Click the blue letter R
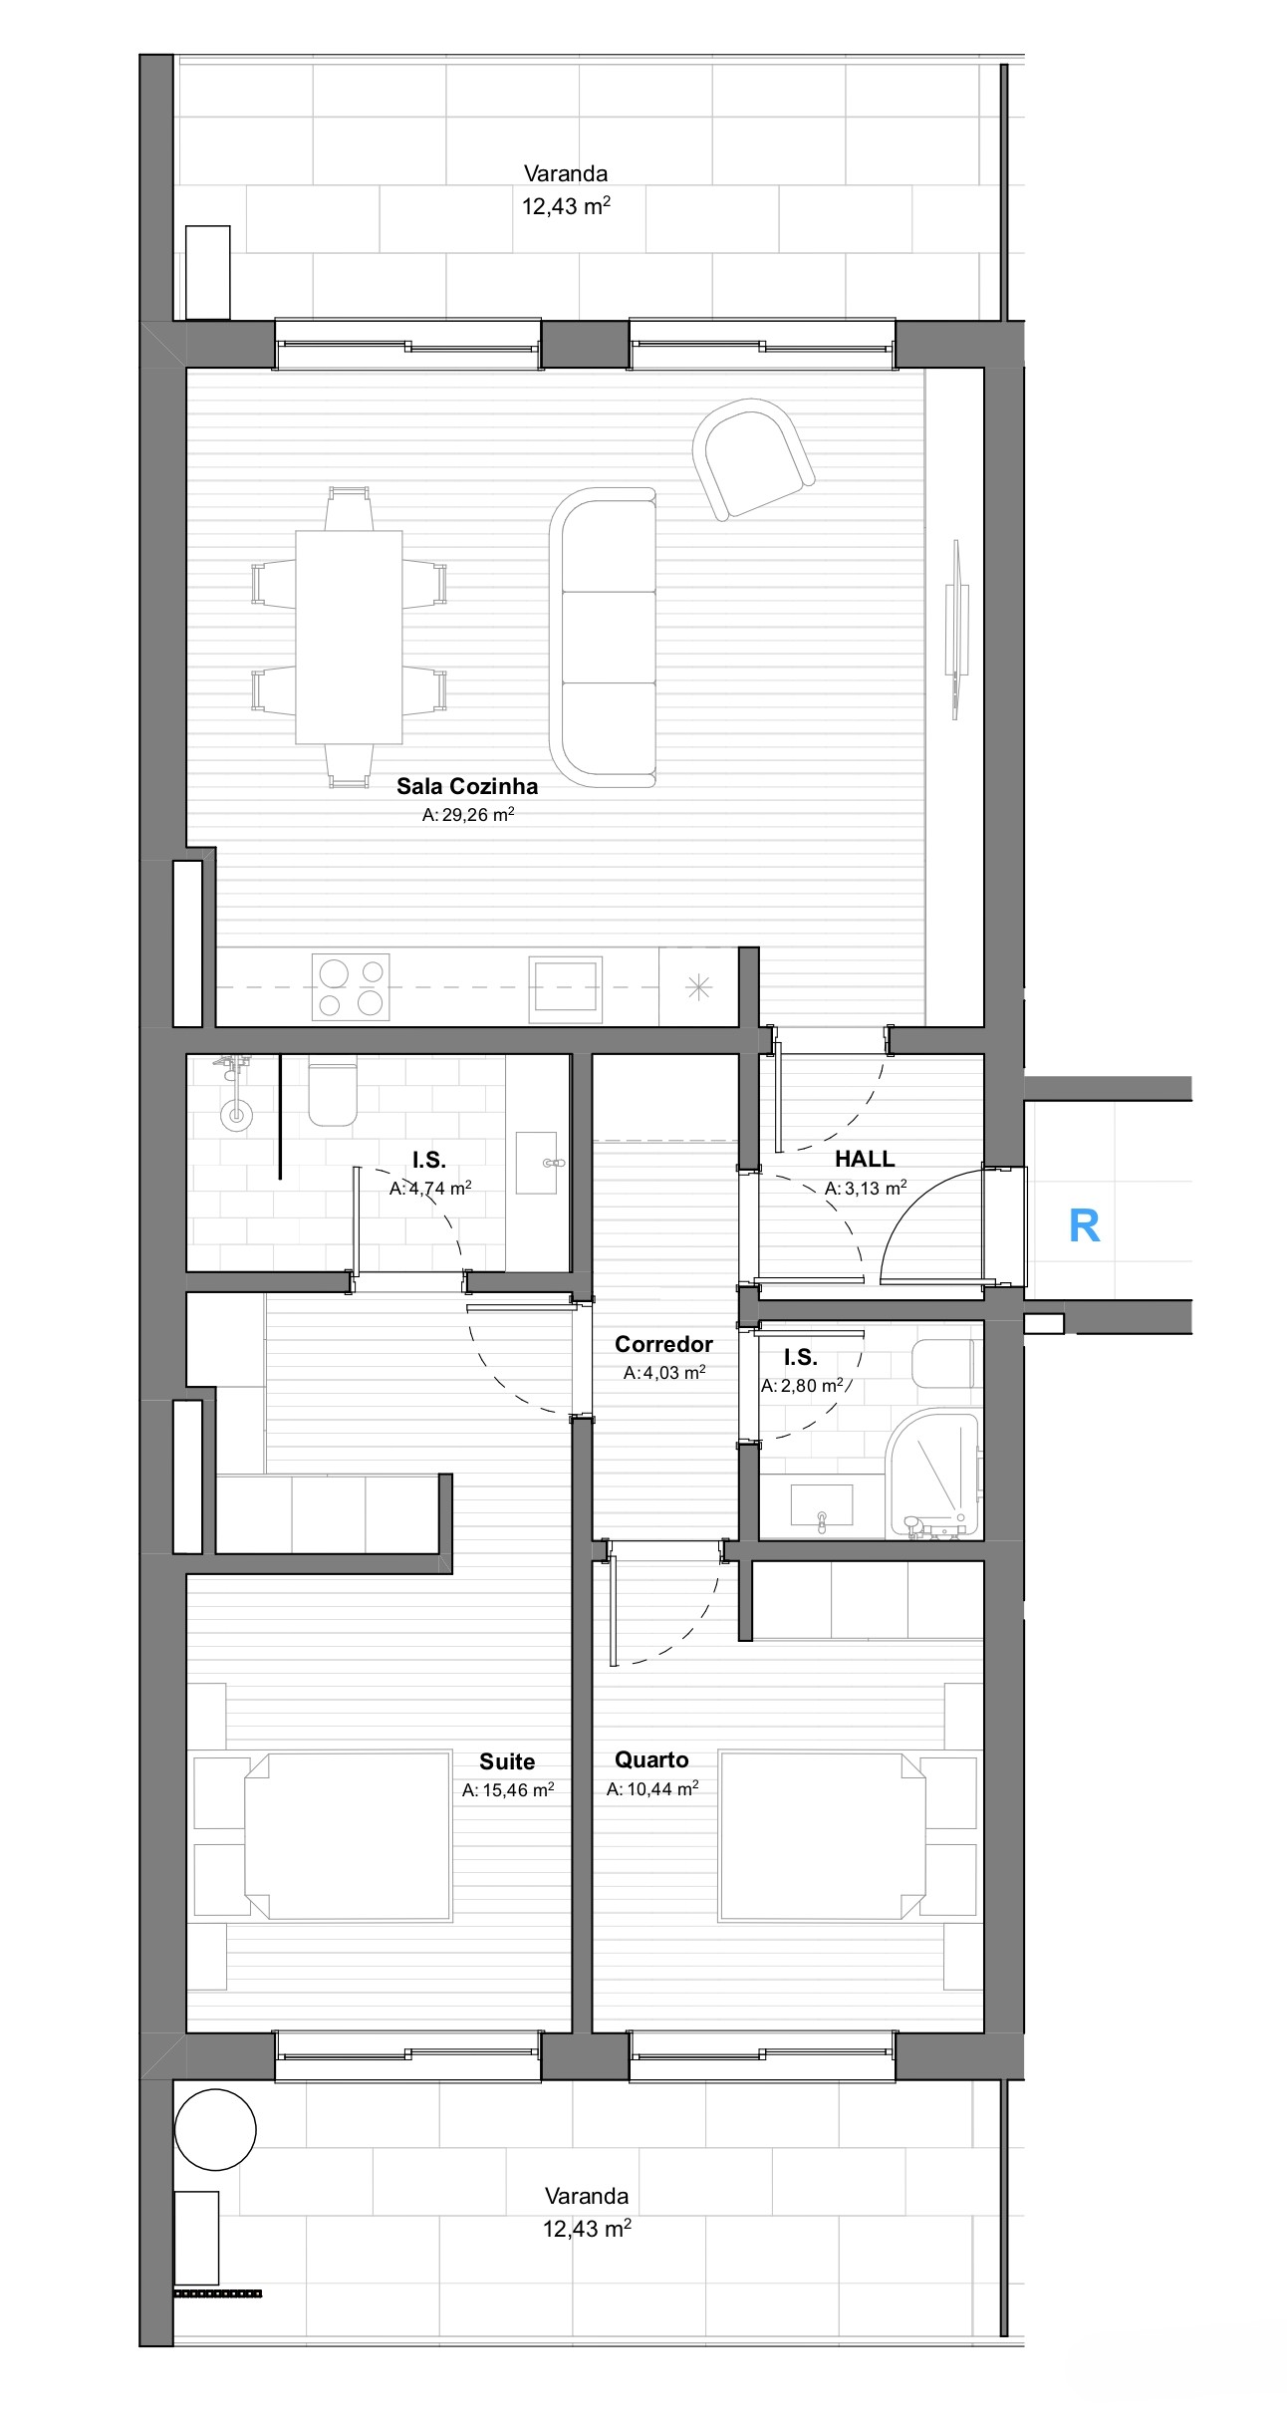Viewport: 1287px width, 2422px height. [1084, 1225]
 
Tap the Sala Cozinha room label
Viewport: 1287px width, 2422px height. [467, 786]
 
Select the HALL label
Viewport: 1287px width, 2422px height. [865, 1159]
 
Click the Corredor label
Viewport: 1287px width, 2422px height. [663, 1344]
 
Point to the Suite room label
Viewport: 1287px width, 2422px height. [507, 1761]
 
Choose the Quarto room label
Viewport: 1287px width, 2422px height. [651, 1759]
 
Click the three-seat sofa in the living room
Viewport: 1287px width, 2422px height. [604, 637]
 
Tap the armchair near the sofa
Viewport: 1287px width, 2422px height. [752, 457]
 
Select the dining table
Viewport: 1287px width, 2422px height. [349, 637]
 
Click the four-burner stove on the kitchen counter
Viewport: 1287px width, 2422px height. [351, 986]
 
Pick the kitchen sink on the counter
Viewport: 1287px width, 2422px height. [565, 988]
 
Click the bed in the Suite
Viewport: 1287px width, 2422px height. [347, 1836]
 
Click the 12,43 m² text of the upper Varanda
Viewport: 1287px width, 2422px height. [566, 205]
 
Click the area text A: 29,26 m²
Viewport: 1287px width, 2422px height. [467, 814]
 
